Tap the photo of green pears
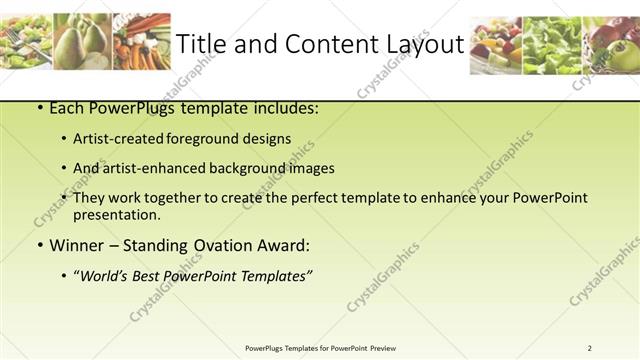(x=83, y=42)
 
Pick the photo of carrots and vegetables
(x=141, y=42)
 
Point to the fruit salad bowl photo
(x=495, y=45)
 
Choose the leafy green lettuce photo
(x=551, y=45)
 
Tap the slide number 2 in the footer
(x=590, y=348)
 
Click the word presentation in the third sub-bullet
(x=116, y=214)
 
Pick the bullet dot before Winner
(x=38, y=246)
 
